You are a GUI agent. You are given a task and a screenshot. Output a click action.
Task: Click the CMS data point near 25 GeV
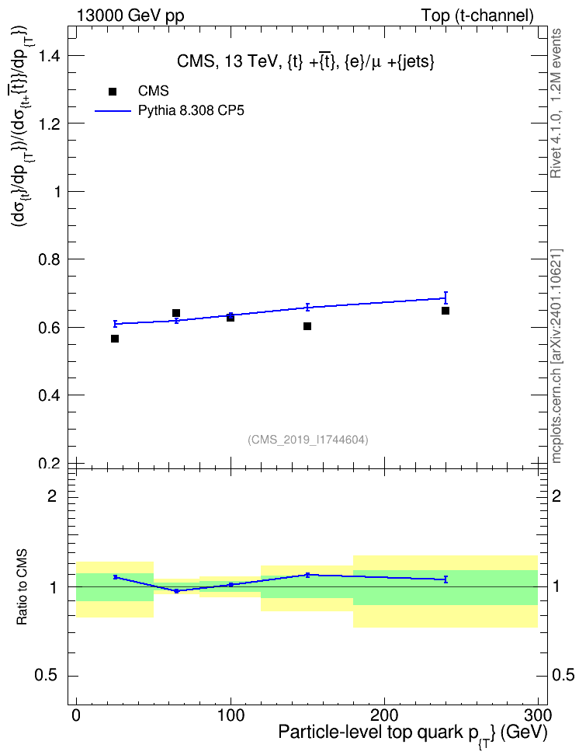click(x=115, y=339)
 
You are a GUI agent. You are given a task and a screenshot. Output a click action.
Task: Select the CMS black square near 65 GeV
click(x=176, y=313)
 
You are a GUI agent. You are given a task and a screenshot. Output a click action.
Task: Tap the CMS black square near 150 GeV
click(x=307, y=326)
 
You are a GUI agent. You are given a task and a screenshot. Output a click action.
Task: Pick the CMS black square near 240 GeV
click(x=446, y=311)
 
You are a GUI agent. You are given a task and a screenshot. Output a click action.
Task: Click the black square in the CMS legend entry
click(x=113, y=91)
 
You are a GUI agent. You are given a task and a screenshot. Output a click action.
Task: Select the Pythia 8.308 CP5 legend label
click(x=191, y=110)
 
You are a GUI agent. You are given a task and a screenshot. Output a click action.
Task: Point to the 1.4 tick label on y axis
click(x=49, y=56)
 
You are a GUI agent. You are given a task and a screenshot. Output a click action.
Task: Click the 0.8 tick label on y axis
click(x=49, y=259)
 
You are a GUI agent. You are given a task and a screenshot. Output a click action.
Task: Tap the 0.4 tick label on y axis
click(x=49, y=395)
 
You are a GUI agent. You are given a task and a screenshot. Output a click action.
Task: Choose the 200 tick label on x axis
click(x=384, y=715)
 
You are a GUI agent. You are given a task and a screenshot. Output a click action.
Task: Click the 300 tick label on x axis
click(x=538, y=715)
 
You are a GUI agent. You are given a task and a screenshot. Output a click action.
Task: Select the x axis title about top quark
click(x=413, y=734)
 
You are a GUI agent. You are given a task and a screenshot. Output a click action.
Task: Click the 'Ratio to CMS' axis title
click(x=22, y=586)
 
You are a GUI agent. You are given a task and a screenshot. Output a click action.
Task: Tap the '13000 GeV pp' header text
click(x=130, y=16)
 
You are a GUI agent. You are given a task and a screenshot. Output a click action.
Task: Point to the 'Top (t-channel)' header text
click(x=477, y=16)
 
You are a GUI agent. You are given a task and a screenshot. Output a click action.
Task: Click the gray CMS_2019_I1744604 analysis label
click(x=308, y=440)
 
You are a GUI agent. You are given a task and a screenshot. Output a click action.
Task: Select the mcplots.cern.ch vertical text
click(x=556, y=356)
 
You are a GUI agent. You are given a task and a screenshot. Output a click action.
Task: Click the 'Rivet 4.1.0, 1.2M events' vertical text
click(x=556, y=103)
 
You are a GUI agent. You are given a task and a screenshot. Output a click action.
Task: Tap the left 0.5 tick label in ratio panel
click(x=46, y=676)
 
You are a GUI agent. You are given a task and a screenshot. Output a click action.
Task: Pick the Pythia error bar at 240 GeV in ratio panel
click(x=446, y=579)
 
